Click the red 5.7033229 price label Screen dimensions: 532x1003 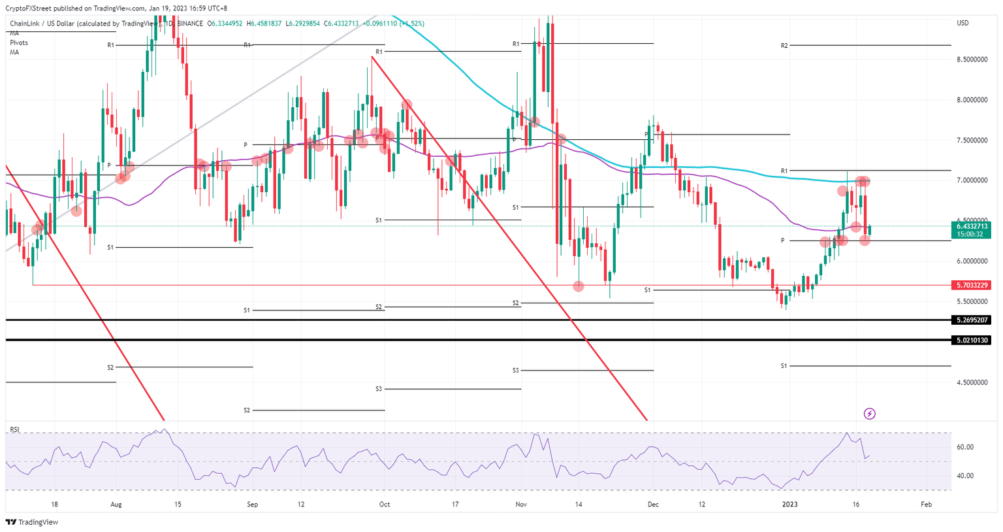point(972,286)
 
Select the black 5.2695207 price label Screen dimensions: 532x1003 point(972,320)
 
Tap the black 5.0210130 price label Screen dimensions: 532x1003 point(972,341)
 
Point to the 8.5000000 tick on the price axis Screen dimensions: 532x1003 point(972,59)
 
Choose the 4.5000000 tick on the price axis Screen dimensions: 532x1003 point(972,382)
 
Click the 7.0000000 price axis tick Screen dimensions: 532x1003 point(972,180)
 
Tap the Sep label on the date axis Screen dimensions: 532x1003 point(253,505)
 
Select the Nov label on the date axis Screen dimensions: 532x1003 point(520,505)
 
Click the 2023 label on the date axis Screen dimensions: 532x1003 point(790,505)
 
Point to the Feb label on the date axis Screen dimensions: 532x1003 point(926,505)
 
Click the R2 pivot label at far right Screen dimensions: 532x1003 point(784,46)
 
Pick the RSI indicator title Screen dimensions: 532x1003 point(14,429)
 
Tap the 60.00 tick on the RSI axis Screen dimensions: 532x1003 point(965,448)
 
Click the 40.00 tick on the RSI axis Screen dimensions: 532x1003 point(965,476)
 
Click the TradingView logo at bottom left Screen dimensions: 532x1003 point(32,522)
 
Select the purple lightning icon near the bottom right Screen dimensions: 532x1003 point(869,414)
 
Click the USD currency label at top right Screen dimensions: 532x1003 point(963,23)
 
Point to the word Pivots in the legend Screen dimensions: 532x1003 point(19,42)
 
